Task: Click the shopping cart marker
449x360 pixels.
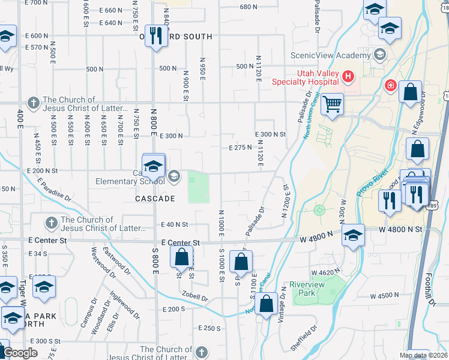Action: (331, 104)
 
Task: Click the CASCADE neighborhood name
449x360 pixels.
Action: (155, 199)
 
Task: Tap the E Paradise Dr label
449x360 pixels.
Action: (54, 189)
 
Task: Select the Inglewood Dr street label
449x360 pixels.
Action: (124, 305)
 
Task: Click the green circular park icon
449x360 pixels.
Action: (319, 211)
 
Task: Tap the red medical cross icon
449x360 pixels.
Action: (390, 86)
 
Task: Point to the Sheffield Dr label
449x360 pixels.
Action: (305, 337)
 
